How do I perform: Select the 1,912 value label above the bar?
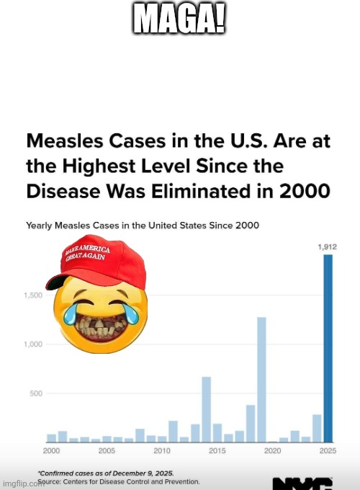pyautogui.click(x=328, y=246)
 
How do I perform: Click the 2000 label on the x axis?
pyautogui.click(x=51, y=450)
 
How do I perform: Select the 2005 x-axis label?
pyautogui.click(x=107, y=450)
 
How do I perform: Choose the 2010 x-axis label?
pyautogui.click(x=162, y=450)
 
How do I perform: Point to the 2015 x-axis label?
pyautogui.click(x=217, y=450)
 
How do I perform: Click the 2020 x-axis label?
pyautogui.click(x=273, y=450)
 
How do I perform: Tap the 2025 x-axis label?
pyautogui.click(x=328, y=450)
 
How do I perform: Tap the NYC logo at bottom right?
pyautogui.click(x=302, y=483)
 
